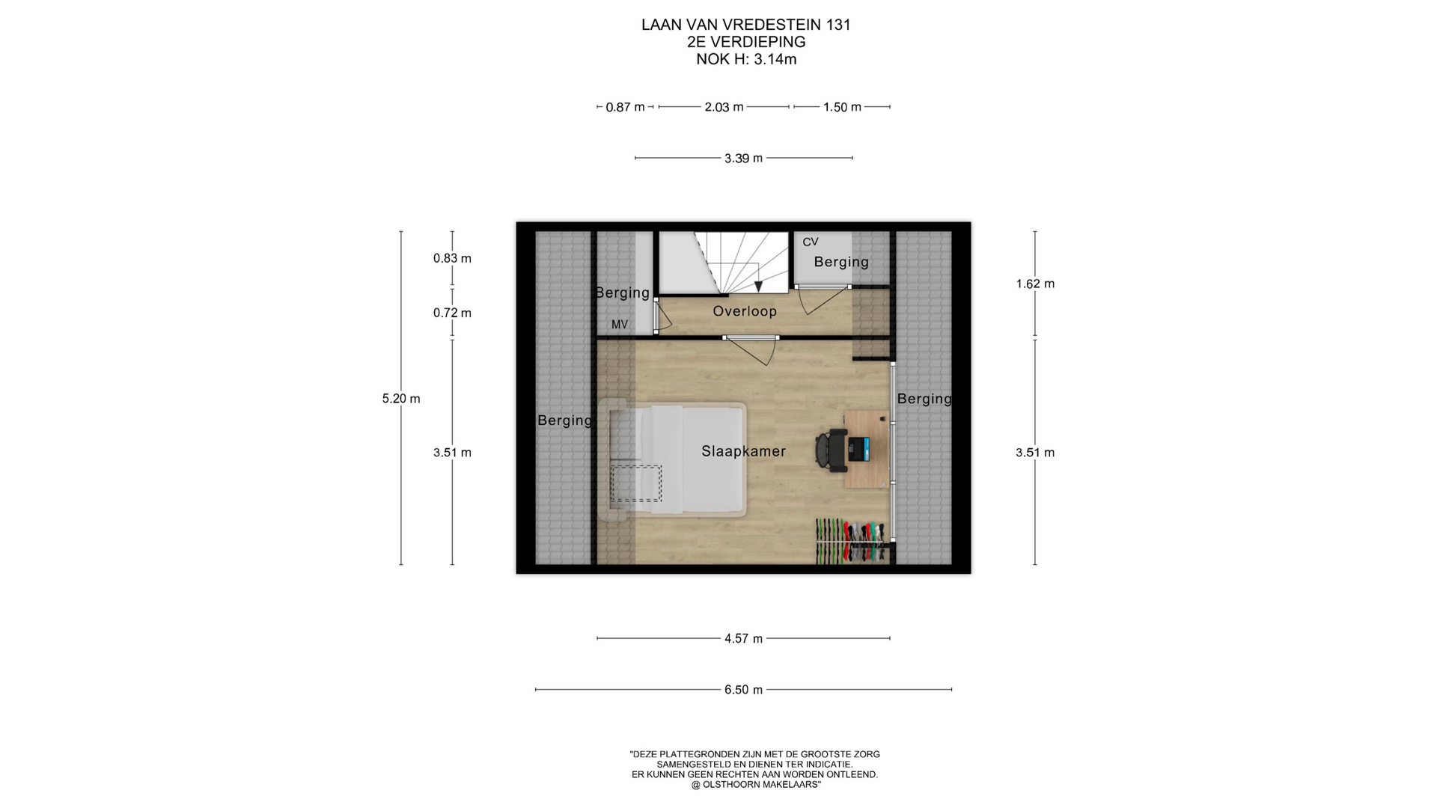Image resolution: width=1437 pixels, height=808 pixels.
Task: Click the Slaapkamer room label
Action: click(743, 451)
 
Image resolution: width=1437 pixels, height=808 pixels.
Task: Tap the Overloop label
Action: click(745, 311)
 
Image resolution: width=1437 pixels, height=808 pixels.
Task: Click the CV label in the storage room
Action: click(811, 242)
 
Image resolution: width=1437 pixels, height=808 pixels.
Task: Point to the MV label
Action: click(620, 325)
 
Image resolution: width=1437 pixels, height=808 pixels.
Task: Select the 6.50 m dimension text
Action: click(743, 690)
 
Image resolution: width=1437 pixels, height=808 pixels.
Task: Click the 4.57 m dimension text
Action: click(743, 639)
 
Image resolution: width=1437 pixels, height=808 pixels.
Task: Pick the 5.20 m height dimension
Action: click(401, 399)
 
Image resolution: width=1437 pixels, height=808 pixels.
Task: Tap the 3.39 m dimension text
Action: click(743, 159)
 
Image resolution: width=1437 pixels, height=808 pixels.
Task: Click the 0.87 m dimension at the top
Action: click(625, 108)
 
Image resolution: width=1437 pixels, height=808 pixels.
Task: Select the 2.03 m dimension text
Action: click(724, 108)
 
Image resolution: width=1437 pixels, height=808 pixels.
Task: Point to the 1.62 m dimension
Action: click(1035, 284)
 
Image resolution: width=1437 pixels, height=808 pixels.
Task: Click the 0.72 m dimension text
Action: click(452, 313)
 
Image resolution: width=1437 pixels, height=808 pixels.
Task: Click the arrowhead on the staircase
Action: click(758, 287)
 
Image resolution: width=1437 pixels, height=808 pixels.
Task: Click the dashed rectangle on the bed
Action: click(636, 483)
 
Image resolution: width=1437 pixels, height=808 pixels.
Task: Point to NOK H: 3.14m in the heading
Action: click(746, 60)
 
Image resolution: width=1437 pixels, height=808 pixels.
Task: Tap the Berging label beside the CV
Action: click(841, 262)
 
